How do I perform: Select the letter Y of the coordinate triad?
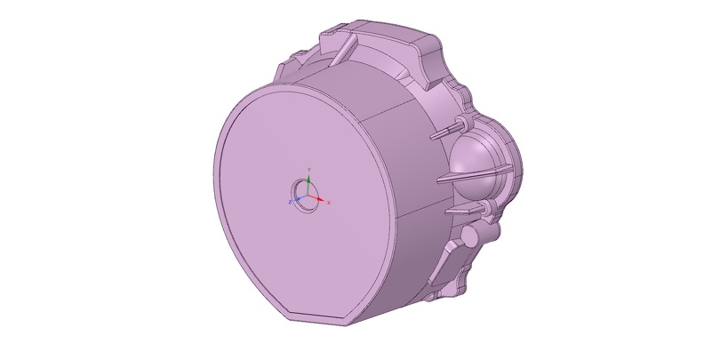(x=308, y=167)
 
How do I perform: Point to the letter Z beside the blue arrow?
(x=289, y=203)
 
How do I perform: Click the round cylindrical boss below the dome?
(x=470, y=236)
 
